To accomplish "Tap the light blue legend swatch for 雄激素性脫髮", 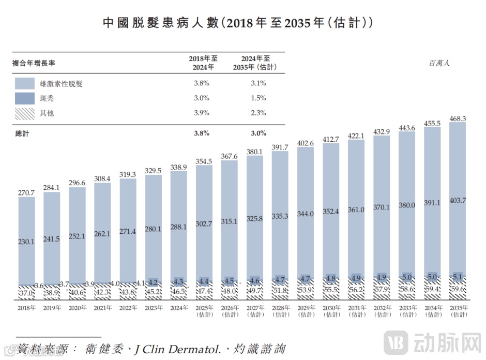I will click(x=25, y=83).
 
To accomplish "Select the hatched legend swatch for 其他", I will click(x=25, y=113).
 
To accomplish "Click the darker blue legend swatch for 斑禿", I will click(x=25, y=98).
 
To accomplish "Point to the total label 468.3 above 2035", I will click(x=458, y=118).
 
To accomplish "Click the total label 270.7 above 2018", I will click(x=26, y=193).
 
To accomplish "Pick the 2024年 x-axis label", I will click(x=178, y=308).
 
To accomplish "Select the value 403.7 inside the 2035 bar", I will click(x=458, y=200).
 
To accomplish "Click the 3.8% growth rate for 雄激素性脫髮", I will click(x=201, y=83).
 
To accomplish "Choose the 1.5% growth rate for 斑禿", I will click(x=258, y=98).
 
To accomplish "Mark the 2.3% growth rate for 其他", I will click(x=258, y=113).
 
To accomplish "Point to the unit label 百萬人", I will click(x=439, y=63).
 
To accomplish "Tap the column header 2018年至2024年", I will click(x=201, y=63).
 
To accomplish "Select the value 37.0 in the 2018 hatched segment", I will click(x=26, y=293).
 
